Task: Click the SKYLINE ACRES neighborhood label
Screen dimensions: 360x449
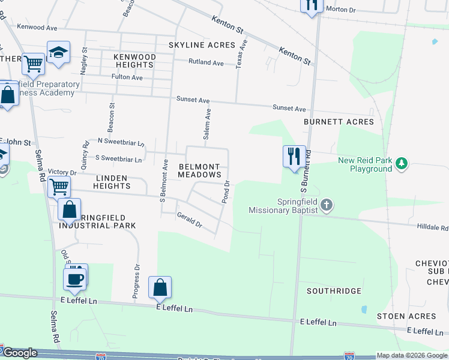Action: pos(202,45)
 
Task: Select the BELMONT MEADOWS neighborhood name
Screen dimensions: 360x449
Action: pos(200,170)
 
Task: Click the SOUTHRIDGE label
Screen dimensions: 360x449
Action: pos(334,291)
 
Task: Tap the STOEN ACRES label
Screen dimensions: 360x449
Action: pos(406,316)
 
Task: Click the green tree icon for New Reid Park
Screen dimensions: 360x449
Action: pos(401,163)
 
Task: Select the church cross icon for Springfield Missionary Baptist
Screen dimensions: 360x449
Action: pos(326,205)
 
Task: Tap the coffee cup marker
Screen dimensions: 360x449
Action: pos(75,279)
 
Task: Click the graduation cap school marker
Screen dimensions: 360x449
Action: pos(58,52)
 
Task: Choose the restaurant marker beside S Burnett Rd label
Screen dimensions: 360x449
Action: pos(294,157)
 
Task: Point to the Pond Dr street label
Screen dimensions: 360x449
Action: pos(226,192)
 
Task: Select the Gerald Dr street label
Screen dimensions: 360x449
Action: pos(189,220)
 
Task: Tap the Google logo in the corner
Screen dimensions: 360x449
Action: pos(19,353)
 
